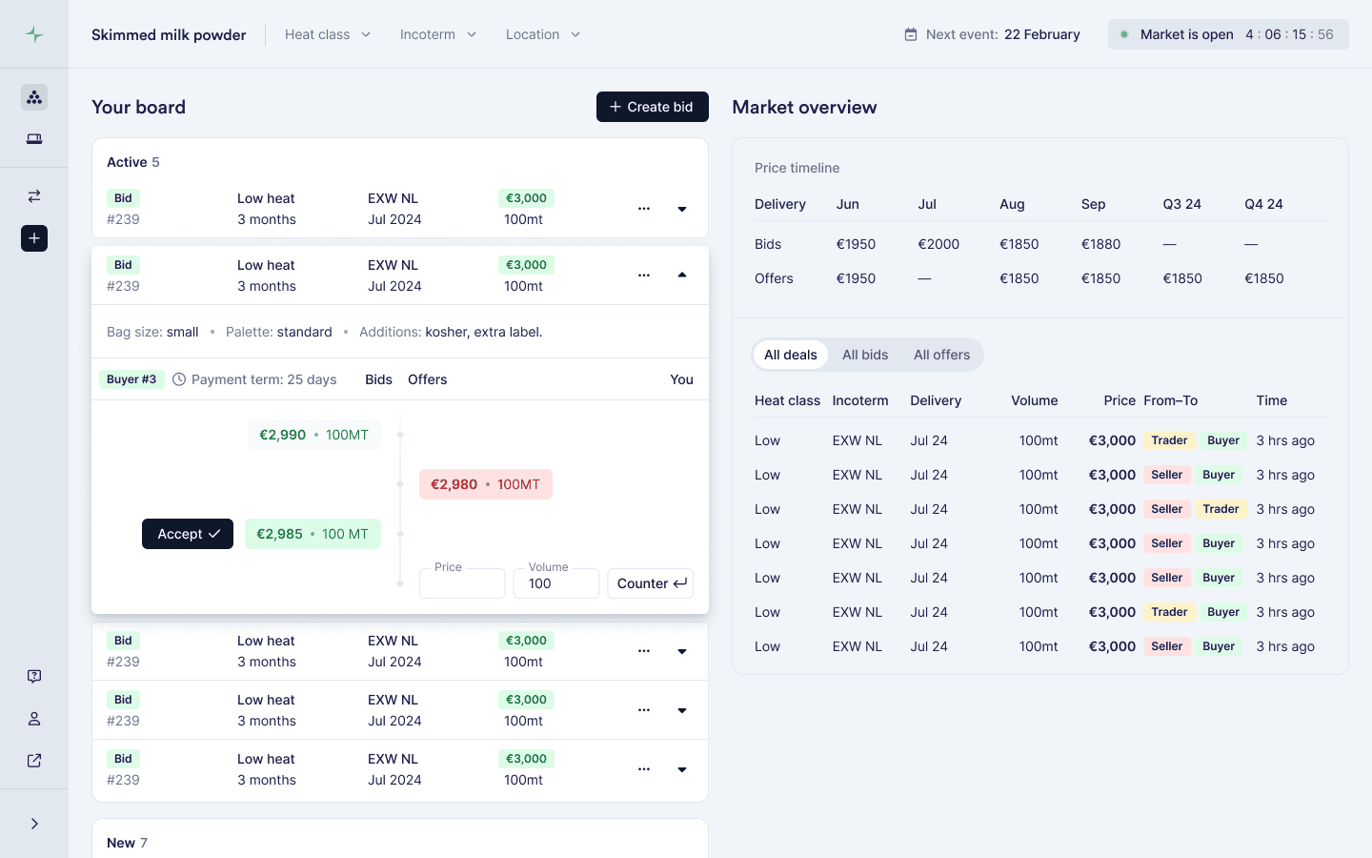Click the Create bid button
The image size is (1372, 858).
pos(653,107)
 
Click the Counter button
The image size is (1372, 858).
pos(651,583)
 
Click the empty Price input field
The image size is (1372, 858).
pos(462,583)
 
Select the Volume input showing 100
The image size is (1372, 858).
pos(556,583)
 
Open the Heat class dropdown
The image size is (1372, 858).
pos(328,34)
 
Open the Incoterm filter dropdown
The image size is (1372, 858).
pos(438,34)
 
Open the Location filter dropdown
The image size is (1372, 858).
pos(543,34)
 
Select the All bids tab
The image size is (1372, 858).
pos(865,355)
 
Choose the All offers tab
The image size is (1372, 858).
pos(942,355)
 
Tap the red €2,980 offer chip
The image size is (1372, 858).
pos(486,484)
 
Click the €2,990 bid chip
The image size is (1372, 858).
pos(314,435)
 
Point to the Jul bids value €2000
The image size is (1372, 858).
pos(938,244)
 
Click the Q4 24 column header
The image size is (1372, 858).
pos(1263,204)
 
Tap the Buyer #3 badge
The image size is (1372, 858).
pos(131,379)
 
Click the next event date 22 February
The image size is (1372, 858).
pos(1042,34)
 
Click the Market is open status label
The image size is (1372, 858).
pos(1187,34)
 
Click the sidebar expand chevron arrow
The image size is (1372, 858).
pos(34,824)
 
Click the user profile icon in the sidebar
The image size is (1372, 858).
pos(34,718)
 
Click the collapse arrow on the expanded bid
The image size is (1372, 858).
pos(682,276)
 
